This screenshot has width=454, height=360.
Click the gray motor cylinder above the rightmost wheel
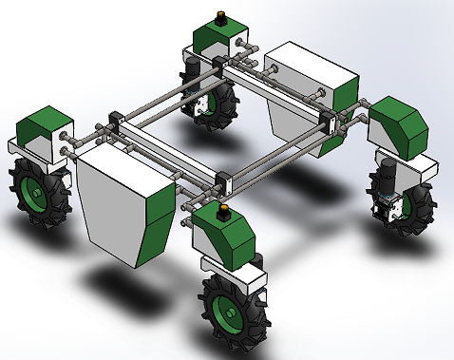pos(388,175)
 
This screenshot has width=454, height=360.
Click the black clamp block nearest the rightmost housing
pos(334,120)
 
